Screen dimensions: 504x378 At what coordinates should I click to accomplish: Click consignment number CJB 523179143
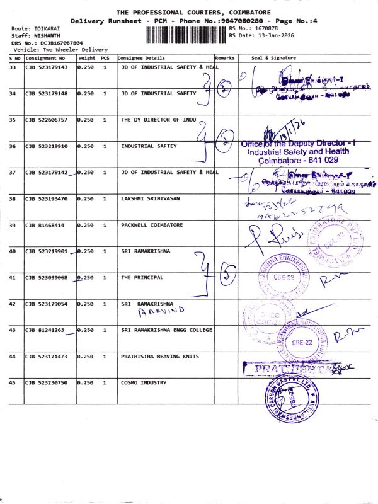coord(46,67)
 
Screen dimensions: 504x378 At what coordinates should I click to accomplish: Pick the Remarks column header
coord(225,57)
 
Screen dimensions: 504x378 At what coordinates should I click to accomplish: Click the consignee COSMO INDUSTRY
coord(144,382)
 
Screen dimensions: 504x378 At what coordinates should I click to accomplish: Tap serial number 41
coord(13,277)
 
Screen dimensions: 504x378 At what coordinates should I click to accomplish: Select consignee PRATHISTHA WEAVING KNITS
coord(160,356)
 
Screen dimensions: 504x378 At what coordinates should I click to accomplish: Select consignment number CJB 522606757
coord(46,119)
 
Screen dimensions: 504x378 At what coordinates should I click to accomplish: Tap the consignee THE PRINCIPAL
coord(142,277)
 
